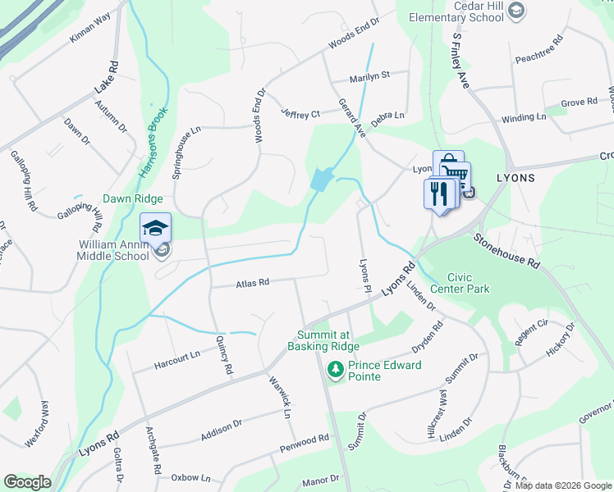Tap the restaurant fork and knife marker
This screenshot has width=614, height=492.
click(x=439, y=195)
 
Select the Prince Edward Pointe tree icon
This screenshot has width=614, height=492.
click(x=335, y=371)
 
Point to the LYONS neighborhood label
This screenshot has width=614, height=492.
click(x=515, y=178)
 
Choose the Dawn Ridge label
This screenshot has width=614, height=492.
click(x=132, y=199)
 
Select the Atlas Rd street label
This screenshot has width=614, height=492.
click(x=252, y=284)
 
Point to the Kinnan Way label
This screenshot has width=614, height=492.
click(x=89, y=39)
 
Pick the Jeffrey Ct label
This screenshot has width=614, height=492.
click(x=300, y=113)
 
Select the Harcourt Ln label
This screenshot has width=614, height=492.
click(x=177, y=356)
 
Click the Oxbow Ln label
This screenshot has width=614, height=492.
click(x=190, y=477)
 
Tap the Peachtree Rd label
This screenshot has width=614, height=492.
click(x=538, y=50)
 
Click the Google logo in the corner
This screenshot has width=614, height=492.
click(x=27, y=482)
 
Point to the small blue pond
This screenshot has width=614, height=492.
click(x=321, y=178)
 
